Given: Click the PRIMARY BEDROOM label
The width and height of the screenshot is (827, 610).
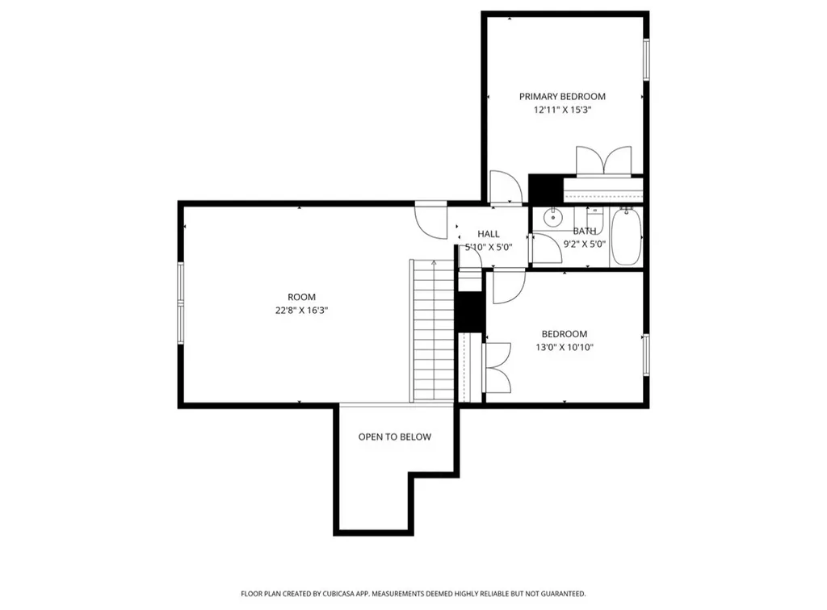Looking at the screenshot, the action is pyautogui.click(x=562, y=96).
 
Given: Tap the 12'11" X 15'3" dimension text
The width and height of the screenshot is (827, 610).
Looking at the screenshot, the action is pyautogui.click(x=562, y=110).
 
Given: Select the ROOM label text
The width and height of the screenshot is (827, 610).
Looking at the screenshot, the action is pyautogui.click(x=302, y=297).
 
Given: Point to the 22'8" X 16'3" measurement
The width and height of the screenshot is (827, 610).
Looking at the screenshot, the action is pyautogui.click(x=302, y=311).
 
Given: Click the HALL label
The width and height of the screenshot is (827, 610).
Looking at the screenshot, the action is pyautogui.click(x=489, y=234).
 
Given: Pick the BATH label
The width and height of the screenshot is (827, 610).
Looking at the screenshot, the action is pyautogui.click(x=585, y=231).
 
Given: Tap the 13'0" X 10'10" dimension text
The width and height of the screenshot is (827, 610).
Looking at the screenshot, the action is pyautogui.click(x=565, y=347).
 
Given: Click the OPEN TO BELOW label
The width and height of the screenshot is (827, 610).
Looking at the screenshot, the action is pyautogui.click(x=394, y=437).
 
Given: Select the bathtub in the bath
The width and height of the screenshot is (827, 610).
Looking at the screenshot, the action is pyautogui.click(x=626, y=236).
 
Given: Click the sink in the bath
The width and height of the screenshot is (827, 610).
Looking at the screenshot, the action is pyautogui.click(x=552, y=217).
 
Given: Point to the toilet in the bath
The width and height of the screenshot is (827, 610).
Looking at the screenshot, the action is pyautogui.click(x=594, y=216).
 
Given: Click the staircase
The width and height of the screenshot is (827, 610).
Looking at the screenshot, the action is pyautogui.click(x=433, y=330).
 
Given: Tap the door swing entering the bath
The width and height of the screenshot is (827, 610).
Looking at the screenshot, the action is pyautogui.click(x=547, y=248).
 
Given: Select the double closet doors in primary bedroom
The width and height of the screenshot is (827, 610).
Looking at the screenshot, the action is pyautogui.click(x=604, y=161).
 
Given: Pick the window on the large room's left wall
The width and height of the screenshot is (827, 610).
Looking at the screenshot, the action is pyautogui.click(x=181, y=303).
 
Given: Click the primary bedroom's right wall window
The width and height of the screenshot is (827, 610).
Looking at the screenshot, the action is pyautogui.click(x=646, y=60).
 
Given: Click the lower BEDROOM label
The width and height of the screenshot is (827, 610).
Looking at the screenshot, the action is pyautogui.click(x=565, y=334).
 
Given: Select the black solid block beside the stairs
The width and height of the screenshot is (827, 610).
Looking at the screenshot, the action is pyautogui.click(x=470, y=311).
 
